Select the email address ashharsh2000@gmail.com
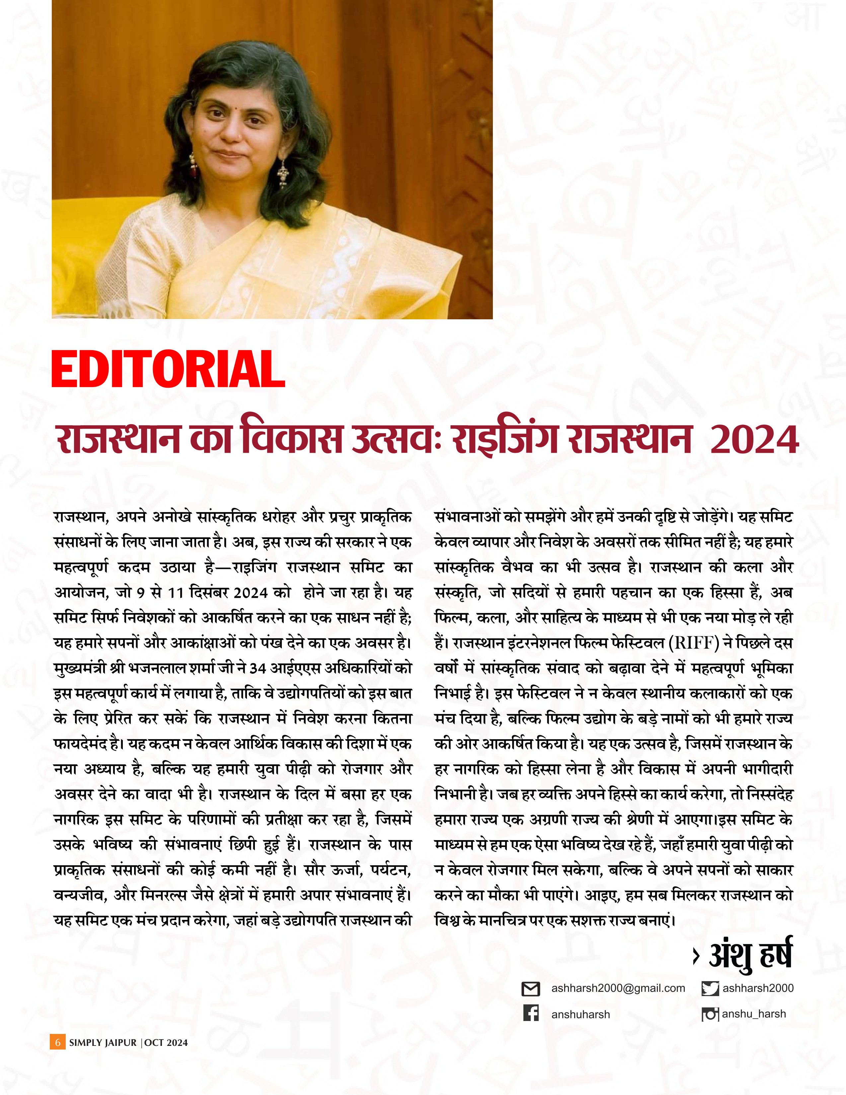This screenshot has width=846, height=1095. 618,988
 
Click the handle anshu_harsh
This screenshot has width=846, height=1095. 754,1014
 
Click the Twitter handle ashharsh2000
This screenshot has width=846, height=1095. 758,988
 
